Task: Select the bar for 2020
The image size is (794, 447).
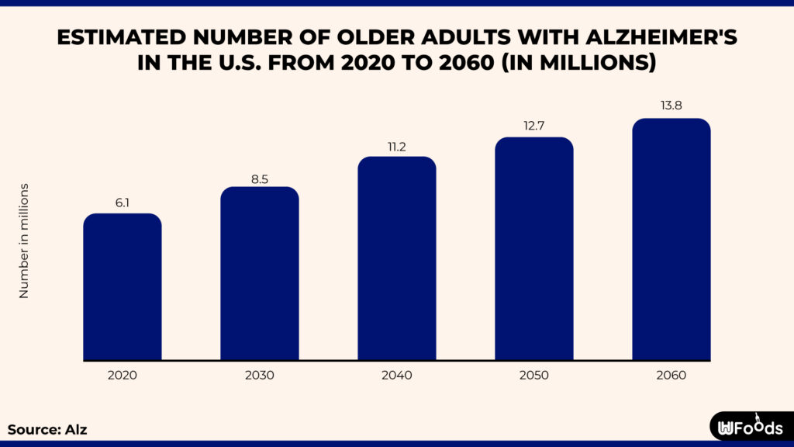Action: pyautogui.click(x=123, y=287)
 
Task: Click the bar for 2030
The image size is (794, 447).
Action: pyautogui.click(x=259, y=274)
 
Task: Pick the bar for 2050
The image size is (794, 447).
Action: pyautogui.click(x=534, y=249)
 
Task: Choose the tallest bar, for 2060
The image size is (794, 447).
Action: pyautogui.click(x=671, y=240)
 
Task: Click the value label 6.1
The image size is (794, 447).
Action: pyautogui.click(x=123, y=202)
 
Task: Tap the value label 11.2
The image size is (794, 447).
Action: pyautogui.click(x=396, y=145)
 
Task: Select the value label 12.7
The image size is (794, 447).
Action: pyautogui.click(x=534, y=126)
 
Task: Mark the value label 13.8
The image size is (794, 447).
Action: pyautogui.click(x=671, y=107)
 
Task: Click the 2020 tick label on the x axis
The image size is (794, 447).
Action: pyautogui.click(x=123, y=376)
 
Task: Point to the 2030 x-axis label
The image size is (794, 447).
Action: pyautogui.click(x=259, y=376)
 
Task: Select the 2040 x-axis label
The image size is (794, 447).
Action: pyautogui.click(x=396, y=376)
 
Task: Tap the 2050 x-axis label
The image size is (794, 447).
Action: pyautogui.click(x=534, y=376)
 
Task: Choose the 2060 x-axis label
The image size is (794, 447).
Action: pyautogui.click(x=671, y=376)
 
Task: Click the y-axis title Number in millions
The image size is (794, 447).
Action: pyautogui.click(x=24, y=241)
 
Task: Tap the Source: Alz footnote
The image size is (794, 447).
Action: pyautogui.click(x=43, y=429)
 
